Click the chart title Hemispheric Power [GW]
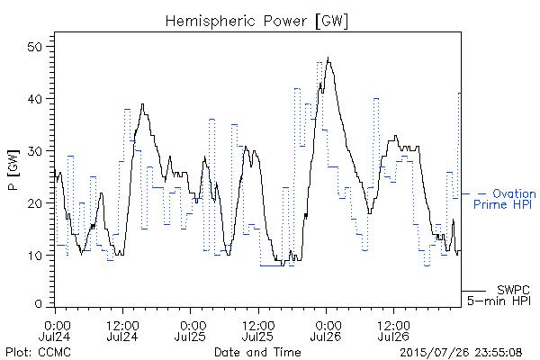pos(256,22)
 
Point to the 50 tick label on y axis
pos(35,47)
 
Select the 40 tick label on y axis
pos(35,99)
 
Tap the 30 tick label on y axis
pos(35,151)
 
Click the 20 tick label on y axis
pos(35,203)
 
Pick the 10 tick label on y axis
pos(35,256)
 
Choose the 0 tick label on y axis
pos(38,304)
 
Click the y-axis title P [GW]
pos(13,170)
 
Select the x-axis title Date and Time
pos(257,352)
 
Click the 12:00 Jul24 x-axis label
pos(122,330)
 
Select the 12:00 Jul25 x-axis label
pos(258,330)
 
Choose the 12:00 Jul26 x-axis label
pos(394,330)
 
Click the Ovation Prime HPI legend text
pos(505,199)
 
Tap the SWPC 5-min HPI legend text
pos(499,295)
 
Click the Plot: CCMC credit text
pos(38,352)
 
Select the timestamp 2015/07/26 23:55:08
pos(461,353)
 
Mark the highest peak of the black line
pos(328,58)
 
